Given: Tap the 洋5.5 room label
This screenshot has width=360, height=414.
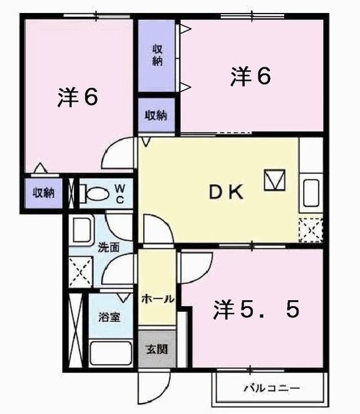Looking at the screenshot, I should pos(257,311).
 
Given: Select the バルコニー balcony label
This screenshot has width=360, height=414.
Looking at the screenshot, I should pos(271,389).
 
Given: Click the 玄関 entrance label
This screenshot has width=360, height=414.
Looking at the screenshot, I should pos(156,350).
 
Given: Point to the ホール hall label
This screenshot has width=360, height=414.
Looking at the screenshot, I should pos(157,299).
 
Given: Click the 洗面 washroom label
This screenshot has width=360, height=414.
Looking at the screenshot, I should pos(108,246).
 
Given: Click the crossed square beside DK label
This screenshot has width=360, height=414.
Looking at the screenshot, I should pos(274,180).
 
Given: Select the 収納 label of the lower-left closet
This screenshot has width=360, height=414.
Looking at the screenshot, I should pos(44,193).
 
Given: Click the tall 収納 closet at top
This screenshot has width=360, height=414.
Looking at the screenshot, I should pos(157,55).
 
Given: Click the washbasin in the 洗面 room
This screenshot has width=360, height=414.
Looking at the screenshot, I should pos(82,229).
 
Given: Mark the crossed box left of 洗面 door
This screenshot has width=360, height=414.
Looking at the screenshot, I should pos(82,271).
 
